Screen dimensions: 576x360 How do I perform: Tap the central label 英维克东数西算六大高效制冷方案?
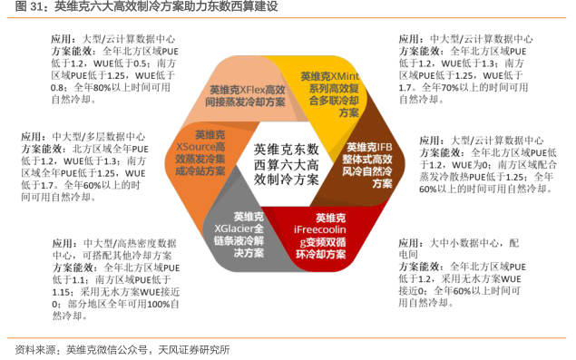pos(286,164)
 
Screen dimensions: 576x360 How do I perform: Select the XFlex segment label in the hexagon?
pos(245,95)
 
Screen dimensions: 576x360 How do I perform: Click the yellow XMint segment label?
pos(330,94)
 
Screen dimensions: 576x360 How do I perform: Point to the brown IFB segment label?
pos(367,165)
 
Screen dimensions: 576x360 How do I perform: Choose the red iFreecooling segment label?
pos(320,236)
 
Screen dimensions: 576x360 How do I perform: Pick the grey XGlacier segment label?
pos(239,235)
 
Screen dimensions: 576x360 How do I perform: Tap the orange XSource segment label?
pos(200,153)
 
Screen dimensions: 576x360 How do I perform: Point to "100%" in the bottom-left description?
pos(159,304)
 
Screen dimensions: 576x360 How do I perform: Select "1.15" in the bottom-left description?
pos(61,292)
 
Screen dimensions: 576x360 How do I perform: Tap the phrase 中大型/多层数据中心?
pos(99,137)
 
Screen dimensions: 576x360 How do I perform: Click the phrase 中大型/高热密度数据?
pos(130,243)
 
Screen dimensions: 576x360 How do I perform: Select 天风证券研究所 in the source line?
pos(194,350)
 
